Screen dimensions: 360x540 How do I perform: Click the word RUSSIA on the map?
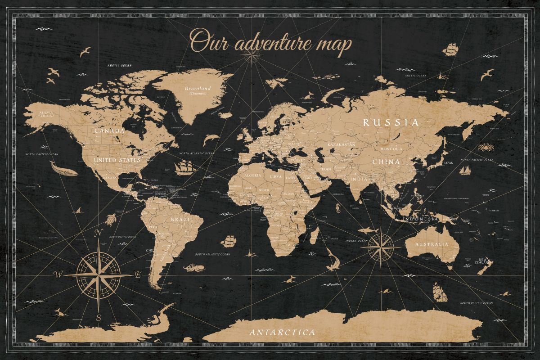pyautogui.click(x=391, y=122)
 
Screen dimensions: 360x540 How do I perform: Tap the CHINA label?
pyautogui.click(x=386, y=162)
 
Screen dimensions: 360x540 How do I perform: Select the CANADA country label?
pyautogui.click(x=109, y=131)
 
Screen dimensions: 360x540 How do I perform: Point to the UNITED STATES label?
pyautogui.click(x=117, y=160)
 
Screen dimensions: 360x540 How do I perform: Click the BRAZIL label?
pyautogui.click(x=182, y=220)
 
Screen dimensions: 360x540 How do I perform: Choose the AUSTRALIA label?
pyautogui.click(x=432, y=244)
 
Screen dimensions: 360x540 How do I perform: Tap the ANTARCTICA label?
pyautogui.click(x=282, y=333)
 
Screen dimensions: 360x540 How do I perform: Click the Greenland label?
pyautogui.click(x=198, y=89)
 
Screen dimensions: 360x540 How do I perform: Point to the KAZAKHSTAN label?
pyautogui.click(x=341, y=144)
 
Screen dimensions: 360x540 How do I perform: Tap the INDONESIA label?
pyautogui.click(x=420, y=219)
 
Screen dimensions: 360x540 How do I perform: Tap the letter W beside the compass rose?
pyautogui.click(x=58, y=274)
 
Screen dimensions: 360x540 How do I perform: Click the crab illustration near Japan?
pyautogui.click(x=485, y=147)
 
